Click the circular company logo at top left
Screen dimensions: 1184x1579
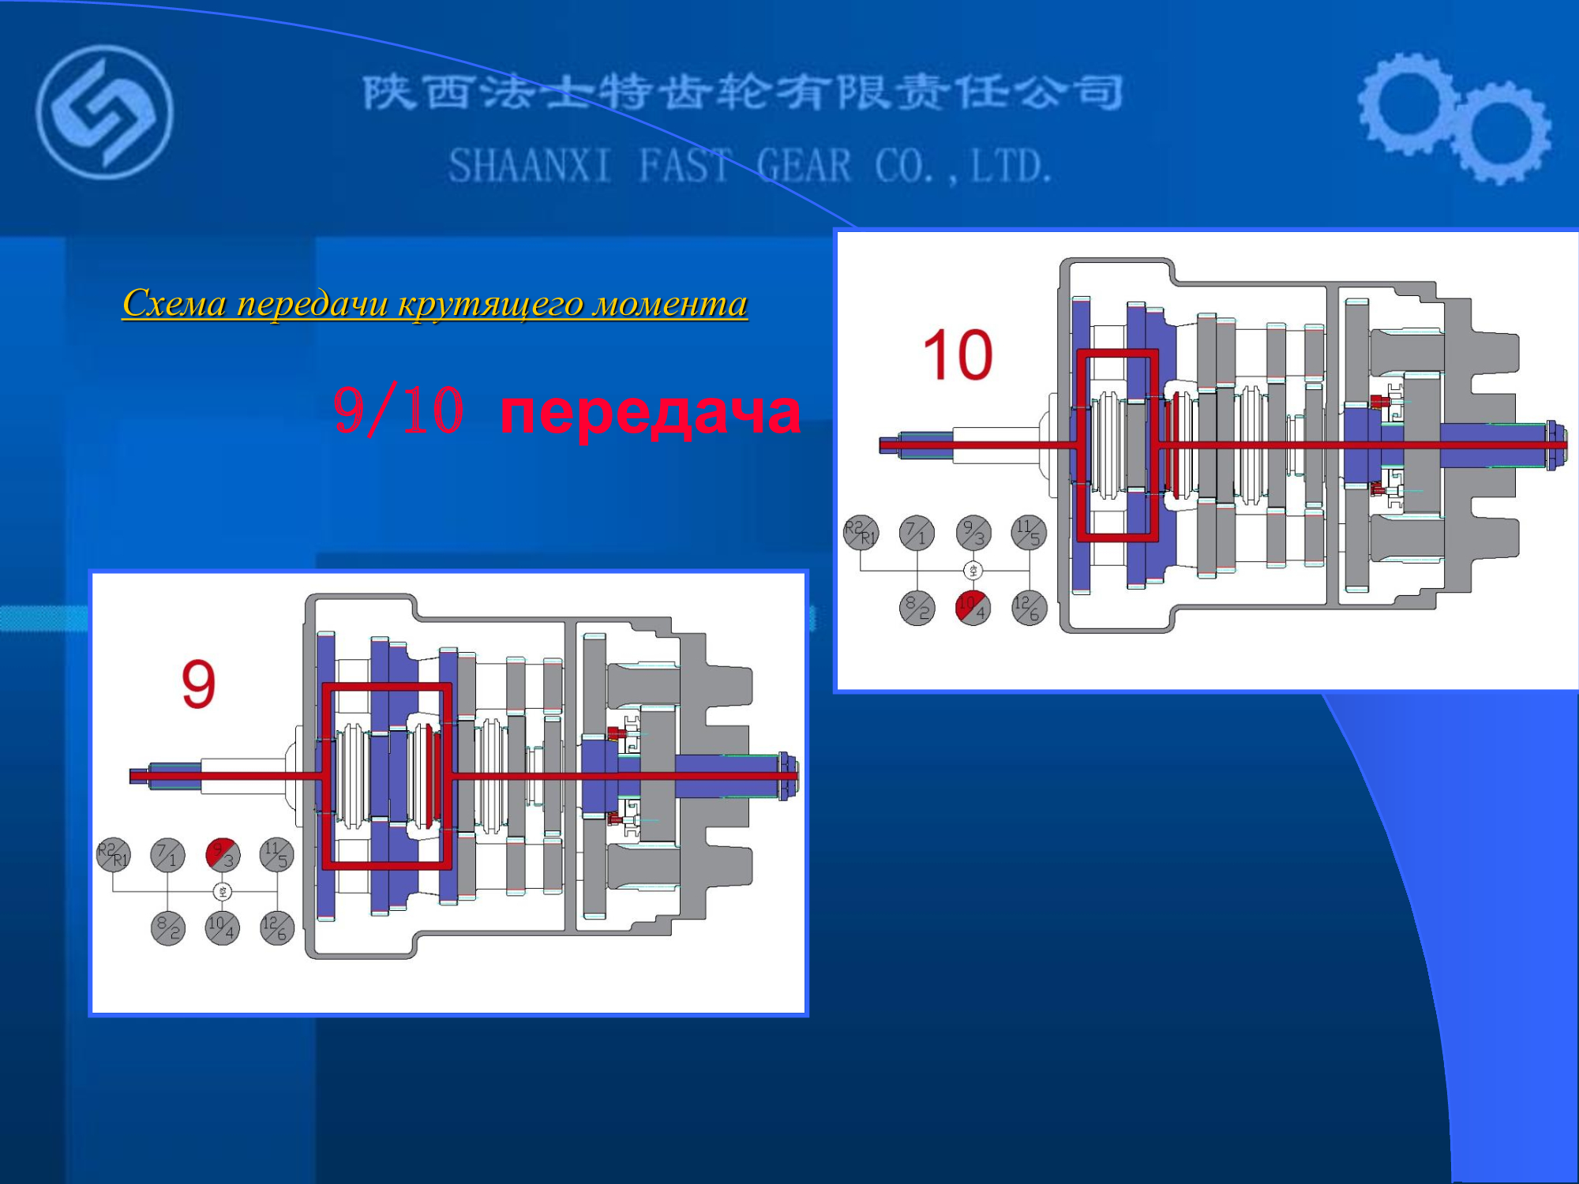pyautogui.click(x=104, y=112)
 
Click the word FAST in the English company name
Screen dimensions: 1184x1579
pyautogui.click(x=684, y=166)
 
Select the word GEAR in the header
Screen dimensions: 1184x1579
pyautogui.click(x=804, y=166)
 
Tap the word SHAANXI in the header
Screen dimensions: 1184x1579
pyautogui.click(x=530, y=166)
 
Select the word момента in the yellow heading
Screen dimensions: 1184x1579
pyautogui.click(x=670, y=303)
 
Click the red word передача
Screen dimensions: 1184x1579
pyautogui.click(x=651, y=411)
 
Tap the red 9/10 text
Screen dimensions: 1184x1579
pyautogui.click(x=398, y=411)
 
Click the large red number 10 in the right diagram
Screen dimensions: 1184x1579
pyautogui.click(x=958, y=355)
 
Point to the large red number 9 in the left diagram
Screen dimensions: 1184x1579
pyautogui.click(x=198, y=684)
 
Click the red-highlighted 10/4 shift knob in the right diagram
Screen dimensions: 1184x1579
pyautogui.click(x=973, y=608)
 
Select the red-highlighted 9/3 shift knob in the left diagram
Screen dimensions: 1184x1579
pyautogui.click(x=223, y=855)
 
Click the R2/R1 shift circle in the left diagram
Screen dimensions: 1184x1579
pyautogui.click(x=113, y=855)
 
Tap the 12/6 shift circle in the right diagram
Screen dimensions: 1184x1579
pyautogui.click(x=1029, y=608)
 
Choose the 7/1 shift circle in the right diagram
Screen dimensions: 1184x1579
pyautogui.click(x=917, y=533)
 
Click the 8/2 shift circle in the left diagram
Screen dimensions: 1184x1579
pyautogui.click(x=167, y=928)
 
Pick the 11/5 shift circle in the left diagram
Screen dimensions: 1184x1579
pyautogui.click(x=277, y=855)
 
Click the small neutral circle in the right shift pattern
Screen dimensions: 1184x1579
pyautogui.click(x=973, y=570)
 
